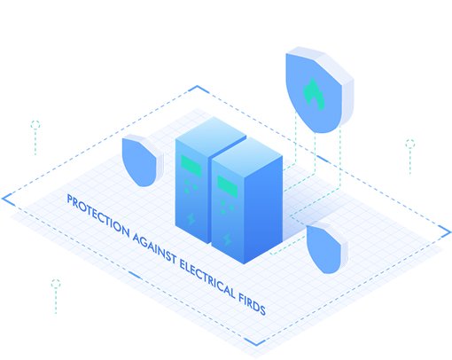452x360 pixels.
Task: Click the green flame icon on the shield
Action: pos(315,94)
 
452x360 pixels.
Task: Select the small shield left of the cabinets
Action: pos(143,160)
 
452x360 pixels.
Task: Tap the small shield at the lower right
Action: pos(327,247)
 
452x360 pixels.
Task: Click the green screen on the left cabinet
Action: pos(191,166)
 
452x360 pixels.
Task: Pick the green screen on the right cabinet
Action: pos(227,186)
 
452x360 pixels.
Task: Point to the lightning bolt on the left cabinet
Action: pos(191,219)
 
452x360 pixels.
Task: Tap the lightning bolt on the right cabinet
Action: pos(227,239)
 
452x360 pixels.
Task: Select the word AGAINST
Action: pos(154,247)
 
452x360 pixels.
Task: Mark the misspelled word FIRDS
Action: pos(252,304)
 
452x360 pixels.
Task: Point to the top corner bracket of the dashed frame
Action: pos(198,86)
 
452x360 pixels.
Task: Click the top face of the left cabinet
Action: pos(211,136)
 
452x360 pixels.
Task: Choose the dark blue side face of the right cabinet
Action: pos(263,209)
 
